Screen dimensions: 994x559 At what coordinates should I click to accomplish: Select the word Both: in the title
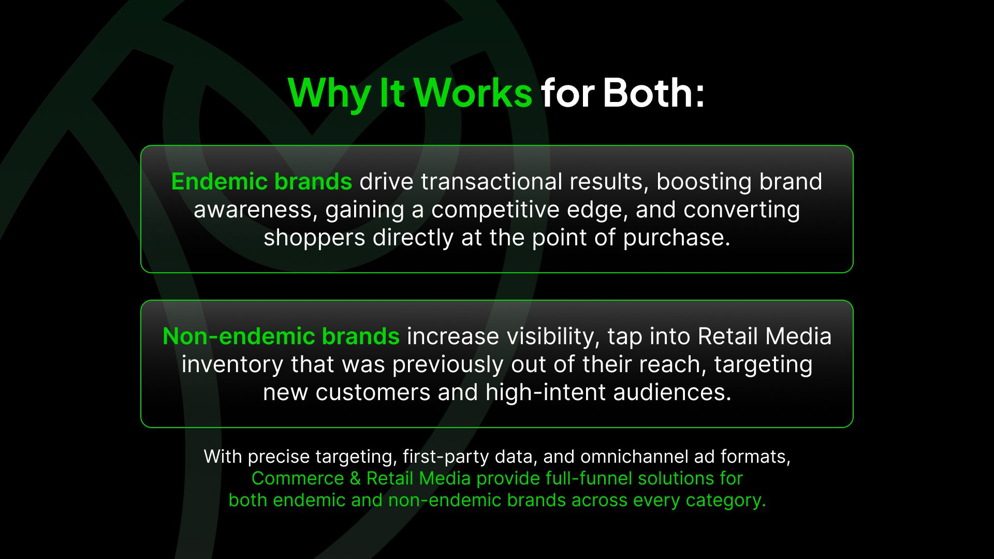point(653,93)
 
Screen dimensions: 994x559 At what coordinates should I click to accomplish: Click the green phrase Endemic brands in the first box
point(261,181)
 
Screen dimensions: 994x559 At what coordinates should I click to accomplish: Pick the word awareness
point(256,210)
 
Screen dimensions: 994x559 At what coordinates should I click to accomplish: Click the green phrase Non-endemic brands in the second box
point(281,336)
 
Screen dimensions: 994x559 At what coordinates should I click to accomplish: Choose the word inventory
point(232,365)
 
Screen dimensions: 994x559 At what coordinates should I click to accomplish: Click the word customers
point(373,392)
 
